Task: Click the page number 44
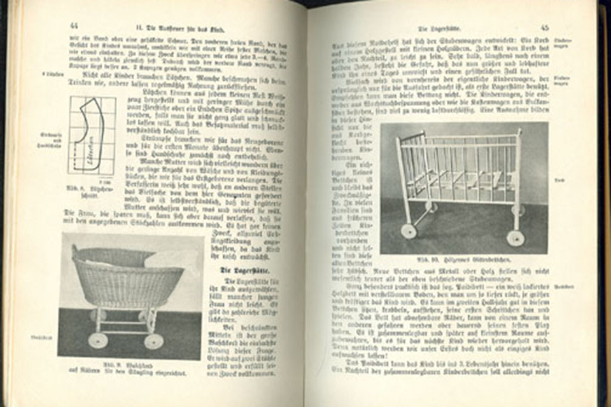point(74,26)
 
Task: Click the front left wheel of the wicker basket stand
point(98,340)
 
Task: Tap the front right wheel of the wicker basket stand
point(153,341)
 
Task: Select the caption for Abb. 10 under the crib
point(463,261)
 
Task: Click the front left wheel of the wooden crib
point(409,231)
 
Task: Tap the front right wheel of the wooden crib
point(515,238)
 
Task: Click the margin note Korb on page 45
point(560,180)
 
